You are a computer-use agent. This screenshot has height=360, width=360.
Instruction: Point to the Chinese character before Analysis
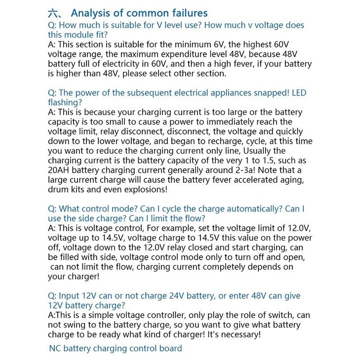click(x=54, y=13)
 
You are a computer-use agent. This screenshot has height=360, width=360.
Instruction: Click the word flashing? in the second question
click(x=65, y=102)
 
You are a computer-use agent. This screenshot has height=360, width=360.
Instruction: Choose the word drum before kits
click(x=58, y=189)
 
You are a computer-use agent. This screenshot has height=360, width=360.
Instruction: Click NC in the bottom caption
click(x=55, y=349)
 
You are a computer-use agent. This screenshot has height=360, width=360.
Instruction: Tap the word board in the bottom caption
click(x=170, y=349)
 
